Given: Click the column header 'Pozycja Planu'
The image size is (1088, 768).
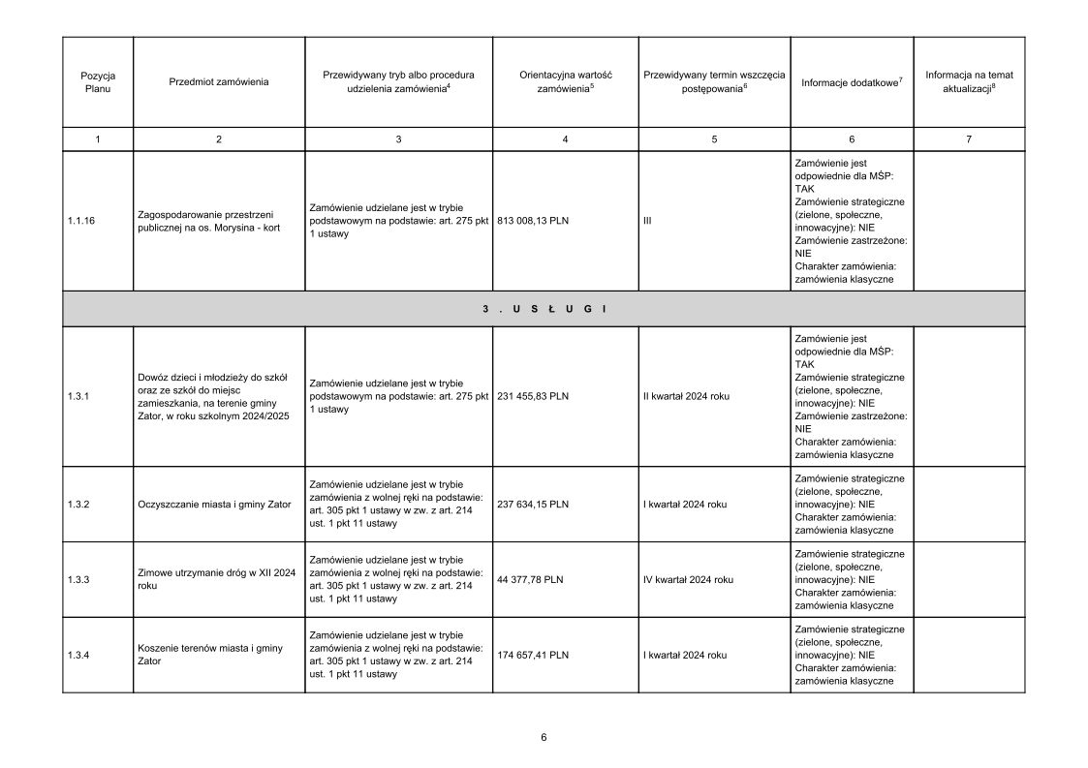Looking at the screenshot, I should coord(98,81).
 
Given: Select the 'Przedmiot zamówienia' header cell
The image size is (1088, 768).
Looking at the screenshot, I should coord(218,81).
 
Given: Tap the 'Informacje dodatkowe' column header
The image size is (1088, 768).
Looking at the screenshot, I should coord(852,82).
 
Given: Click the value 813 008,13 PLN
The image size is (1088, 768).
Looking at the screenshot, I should coord(533,221).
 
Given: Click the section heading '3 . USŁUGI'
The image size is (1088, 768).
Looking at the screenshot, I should coord(544,308).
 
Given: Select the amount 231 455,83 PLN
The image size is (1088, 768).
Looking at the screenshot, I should coord(533,396).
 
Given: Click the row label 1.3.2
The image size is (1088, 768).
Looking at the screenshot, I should coord(78,504).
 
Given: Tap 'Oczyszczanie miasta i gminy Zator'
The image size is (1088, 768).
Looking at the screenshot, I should coord(215,504).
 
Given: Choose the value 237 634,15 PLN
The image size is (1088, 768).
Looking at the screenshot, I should coord(533,504).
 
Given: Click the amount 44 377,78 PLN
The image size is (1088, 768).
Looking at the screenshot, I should coord(530,579).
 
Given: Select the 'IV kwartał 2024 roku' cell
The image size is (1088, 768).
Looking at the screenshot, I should coord(688,579).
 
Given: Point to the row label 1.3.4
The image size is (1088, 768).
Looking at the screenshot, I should coord(78,655).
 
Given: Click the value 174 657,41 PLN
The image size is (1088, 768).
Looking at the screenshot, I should coord(533,655).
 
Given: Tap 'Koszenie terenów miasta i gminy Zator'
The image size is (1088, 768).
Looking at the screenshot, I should coord(210,655).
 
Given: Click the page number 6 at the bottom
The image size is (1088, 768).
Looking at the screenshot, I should coord(544,737).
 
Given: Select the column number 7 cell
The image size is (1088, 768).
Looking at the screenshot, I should coord(968,139).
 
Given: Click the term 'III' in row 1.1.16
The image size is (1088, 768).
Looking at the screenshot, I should coord(646,221).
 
